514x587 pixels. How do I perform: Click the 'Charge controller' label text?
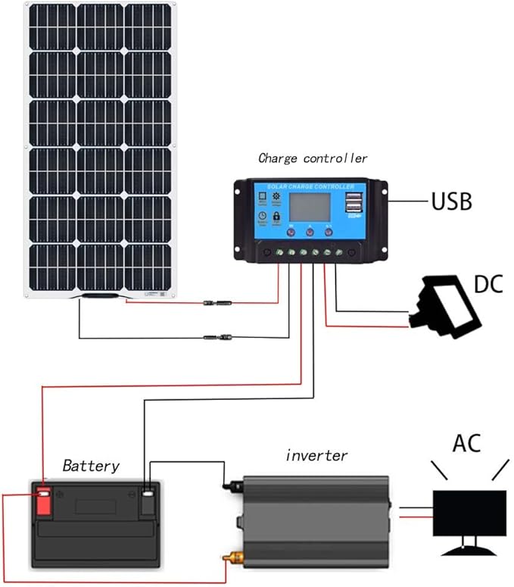pos(313,158)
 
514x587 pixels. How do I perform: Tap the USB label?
pos(451,201)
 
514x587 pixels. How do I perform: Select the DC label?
pos(489,285)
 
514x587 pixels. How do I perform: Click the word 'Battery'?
pos(90,464)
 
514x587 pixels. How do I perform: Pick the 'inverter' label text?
pos(316,455)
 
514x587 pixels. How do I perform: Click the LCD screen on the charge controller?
pos(308,208)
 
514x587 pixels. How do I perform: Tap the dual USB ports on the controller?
pos(354,203)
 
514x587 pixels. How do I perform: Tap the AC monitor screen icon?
pos(469,513)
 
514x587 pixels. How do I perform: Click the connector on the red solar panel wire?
pos(215,303)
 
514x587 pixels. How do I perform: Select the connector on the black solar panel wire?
pos(215,337)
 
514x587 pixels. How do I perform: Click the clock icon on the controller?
pos(260,217)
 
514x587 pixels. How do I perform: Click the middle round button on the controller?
pos(308,234)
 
